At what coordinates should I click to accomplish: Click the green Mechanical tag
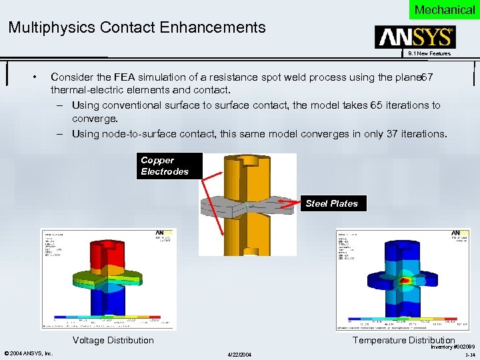point(444,9)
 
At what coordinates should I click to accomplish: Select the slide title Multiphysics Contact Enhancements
point(137,28)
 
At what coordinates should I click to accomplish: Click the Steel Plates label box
point(331,203)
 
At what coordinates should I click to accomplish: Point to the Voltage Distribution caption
point(113,340)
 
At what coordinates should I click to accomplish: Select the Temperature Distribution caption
point(403,340)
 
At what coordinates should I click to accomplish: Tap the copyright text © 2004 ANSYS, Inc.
point(29,353)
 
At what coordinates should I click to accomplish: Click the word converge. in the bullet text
point(95,119)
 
